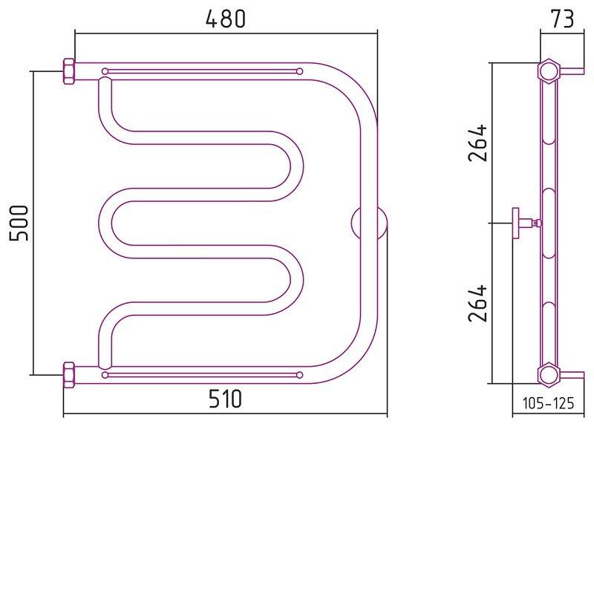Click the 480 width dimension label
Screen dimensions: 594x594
(x=226, y=19)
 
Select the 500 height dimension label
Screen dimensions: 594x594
(x=19, y=223)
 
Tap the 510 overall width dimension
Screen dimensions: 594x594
(x=225, y=399)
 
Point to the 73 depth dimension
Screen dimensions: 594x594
(x=562, y=19)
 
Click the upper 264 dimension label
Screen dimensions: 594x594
(x=477, y=143)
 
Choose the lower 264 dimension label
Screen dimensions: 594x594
(x=477, y=304)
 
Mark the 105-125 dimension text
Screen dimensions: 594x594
(x=548, y=403)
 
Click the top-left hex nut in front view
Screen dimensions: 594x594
(x=68, y=71)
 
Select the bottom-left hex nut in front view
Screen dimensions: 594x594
(x=68, y=375)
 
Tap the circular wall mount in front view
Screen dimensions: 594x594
(x=368, y=223)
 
